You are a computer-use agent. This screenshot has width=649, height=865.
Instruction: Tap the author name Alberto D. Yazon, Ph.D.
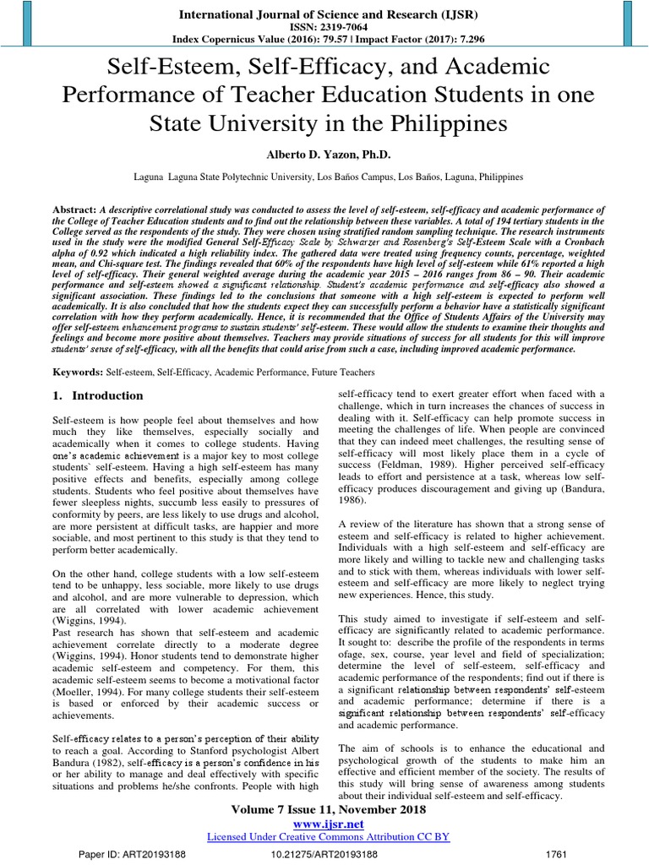324,155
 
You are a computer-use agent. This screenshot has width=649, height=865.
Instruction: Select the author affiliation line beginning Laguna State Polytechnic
330,178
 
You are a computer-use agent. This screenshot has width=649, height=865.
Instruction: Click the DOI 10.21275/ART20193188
324,855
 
